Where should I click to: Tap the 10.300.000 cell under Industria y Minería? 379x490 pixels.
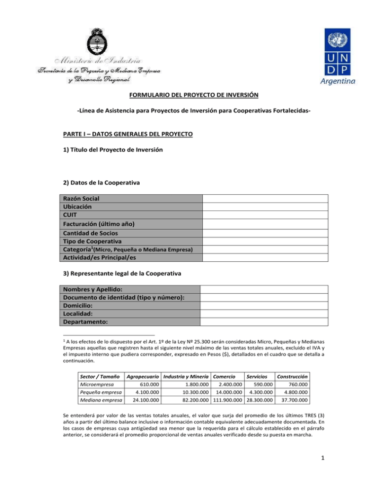click(x=194, y=393)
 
